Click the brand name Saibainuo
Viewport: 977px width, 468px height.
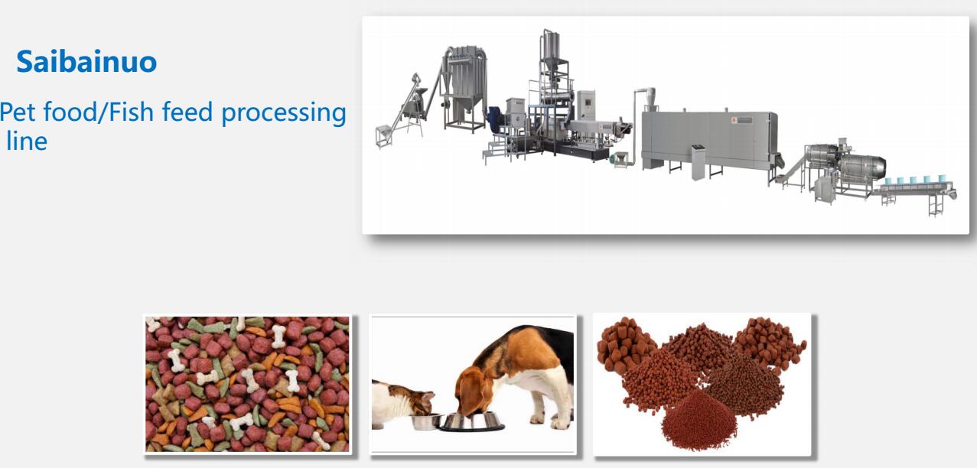(x=86, y=61)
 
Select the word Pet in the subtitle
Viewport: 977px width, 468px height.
(x=18, y=112)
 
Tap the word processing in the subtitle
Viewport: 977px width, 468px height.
(x=284, y=114)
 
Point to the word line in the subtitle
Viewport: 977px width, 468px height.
(x=27, y=141)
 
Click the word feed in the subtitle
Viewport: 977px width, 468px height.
(x=187, y=112)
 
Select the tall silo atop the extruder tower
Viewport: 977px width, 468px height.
(x=550, y=48)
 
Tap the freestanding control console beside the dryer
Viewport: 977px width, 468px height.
(x=698, y=161)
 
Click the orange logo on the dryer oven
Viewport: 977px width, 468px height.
(x=734, y=119)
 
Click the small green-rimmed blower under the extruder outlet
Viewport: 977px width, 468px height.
(x=620, y=159)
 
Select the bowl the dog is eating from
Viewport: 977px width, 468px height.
(x=471, y=421)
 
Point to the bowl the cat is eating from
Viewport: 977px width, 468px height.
(x=425, y=421)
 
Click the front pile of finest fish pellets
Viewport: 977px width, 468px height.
(x=699, y=420)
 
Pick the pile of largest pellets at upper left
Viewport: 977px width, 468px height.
(x=624, y=344)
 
